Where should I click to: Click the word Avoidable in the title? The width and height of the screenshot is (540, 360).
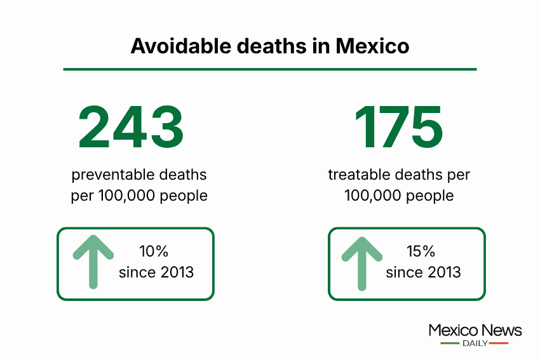point(181,46)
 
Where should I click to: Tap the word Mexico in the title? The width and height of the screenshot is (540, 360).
point(372,46)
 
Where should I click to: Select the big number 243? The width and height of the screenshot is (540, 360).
point(132,127)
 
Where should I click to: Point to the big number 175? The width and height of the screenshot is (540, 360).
point(399,127)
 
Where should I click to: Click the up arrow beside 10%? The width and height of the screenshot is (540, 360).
point(93,262)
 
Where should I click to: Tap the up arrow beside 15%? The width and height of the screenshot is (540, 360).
point(361,263)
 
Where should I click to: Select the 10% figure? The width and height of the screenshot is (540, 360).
point(154,251)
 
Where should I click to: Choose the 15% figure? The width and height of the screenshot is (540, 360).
point(421,251)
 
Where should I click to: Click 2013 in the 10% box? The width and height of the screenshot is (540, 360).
point(177,272)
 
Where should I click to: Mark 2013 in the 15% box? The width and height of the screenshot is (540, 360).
point(444,272)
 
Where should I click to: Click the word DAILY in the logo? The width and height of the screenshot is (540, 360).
point(475,343)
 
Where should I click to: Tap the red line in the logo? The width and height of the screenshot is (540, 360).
point(498,343)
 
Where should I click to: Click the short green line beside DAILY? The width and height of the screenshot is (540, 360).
point(450,343)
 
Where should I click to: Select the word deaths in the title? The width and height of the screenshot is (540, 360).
point(271,46)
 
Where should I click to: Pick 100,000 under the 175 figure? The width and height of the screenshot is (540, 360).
point(373,196)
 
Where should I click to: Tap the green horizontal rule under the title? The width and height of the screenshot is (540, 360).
point(270,69)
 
